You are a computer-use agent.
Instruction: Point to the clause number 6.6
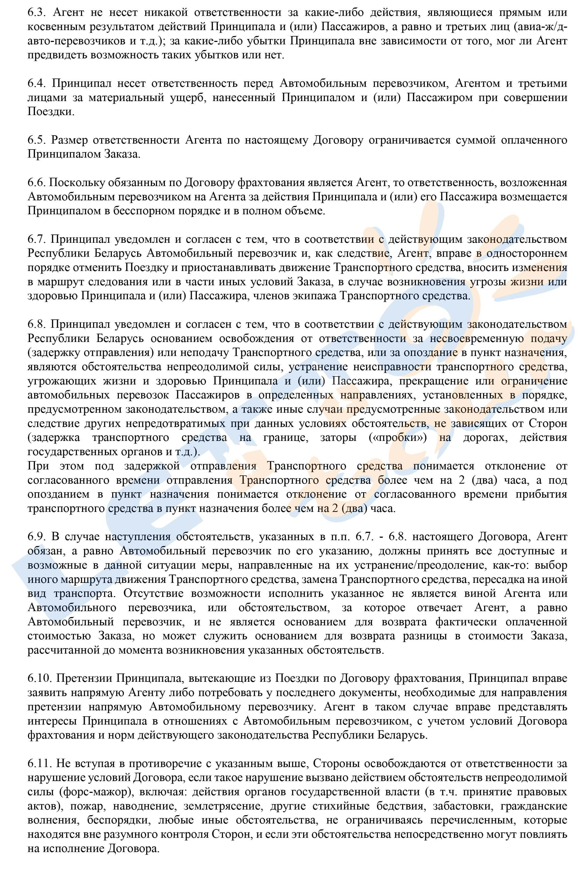click(x=36, y=183)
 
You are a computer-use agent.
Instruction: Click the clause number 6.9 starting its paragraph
click(x=36, y=537)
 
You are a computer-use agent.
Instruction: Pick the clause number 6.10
click(x=39, y=678)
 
